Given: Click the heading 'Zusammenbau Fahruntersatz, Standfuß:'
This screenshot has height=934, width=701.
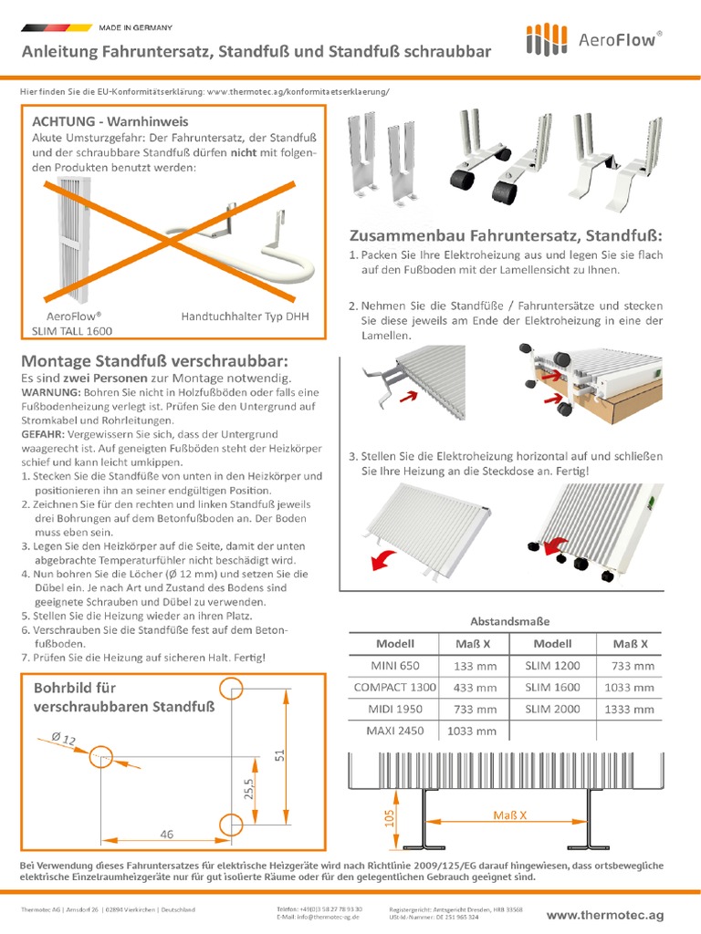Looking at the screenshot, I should coord(507,233).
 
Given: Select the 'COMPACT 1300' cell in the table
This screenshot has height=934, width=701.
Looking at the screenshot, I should coord(394,687).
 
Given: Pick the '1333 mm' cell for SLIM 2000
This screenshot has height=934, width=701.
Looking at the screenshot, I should coord(628,709).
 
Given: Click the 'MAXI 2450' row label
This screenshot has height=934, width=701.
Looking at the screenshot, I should coord(394,731).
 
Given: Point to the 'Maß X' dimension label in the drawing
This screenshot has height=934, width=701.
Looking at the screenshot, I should coord(509,815).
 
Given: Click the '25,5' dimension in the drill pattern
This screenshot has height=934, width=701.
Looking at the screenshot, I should coord(249,789).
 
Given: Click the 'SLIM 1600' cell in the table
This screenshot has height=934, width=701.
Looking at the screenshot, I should coord(552,687).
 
